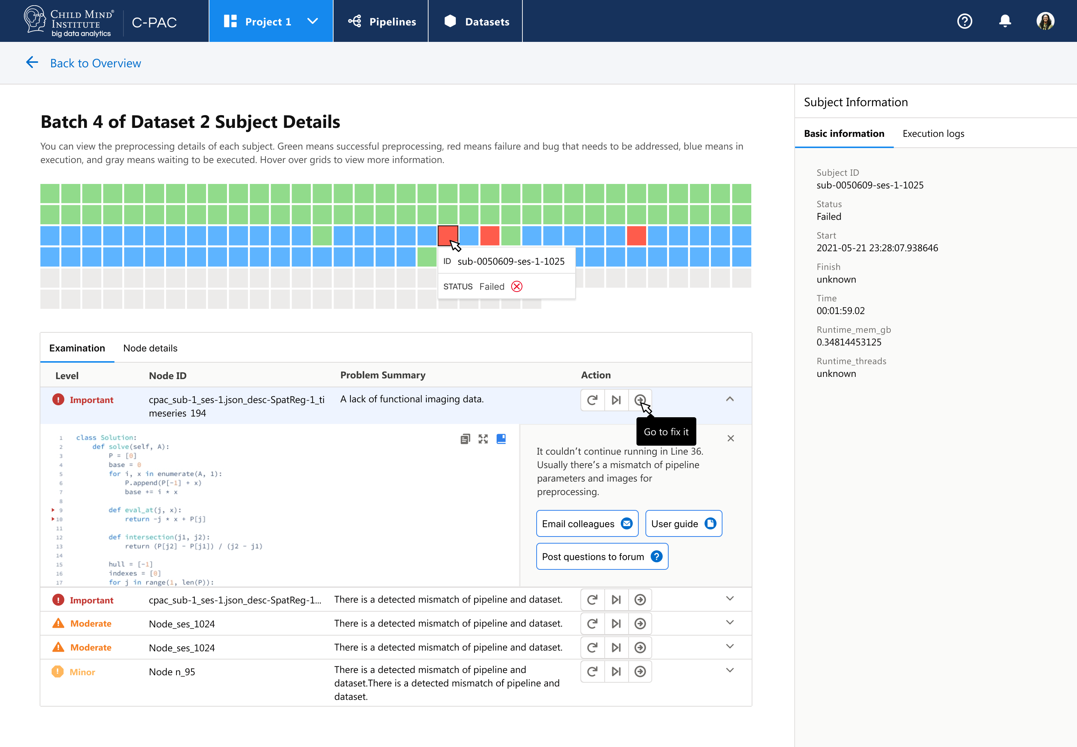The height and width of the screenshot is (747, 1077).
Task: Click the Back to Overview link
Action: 95,63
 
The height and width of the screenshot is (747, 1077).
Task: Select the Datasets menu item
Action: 476,22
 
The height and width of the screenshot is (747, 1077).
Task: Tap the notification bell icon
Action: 1004,21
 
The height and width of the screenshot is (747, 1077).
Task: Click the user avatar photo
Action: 1045,21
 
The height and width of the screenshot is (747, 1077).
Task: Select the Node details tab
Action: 150,348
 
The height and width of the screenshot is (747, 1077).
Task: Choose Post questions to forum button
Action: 601,556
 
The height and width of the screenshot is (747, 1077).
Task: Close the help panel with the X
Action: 730,439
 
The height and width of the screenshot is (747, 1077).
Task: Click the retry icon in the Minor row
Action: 592,671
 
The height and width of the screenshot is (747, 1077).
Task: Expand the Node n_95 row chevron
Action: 729,670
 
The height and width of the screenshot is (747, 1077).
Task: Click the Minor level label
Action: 82,672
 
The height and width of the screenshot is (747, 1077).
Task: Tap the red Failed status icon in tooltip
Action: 516,286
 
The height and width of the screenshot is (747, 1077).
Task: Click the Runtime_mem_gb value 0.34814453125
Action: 849,342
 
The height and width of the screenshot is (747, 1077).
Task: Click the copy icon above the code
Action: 465,439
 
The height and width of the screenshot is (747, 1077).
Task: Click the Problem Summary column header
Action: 383,375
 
